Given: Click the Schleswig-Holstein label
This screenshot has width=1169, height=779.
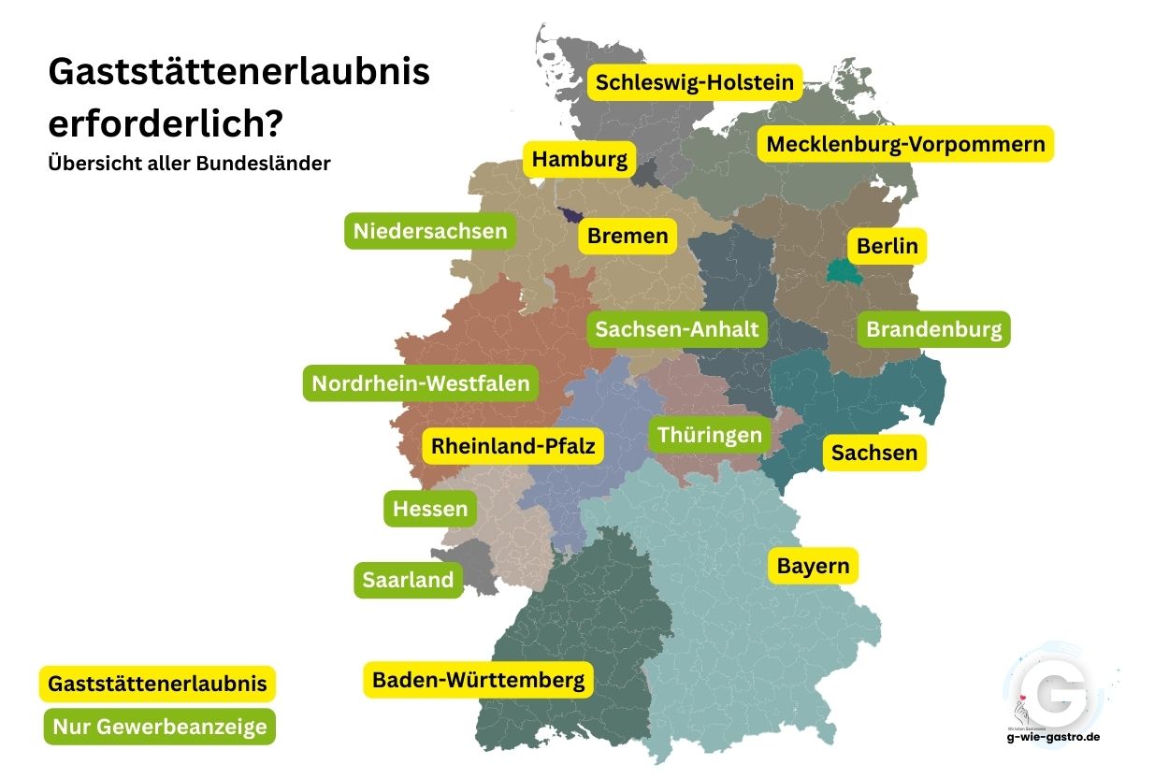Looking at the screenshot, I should pos(695,82).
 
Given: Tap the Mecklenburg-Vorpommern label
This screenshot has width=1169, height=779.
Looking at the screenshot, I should pos(904,145).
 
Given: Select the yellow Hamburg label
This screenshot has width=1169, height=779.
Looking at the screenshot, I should pos(579,160).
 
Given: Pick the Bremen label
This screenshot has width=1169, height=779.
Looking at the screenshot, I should pos(628,236).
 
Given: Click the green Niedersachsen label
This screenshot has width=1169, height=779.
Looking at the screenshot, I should pos(430,230).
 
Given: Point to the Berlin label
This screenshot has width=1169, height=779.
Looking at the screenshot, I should pos(888,247).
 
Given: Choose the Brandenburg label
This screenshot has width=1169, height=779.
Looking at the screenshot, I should pos(933,329).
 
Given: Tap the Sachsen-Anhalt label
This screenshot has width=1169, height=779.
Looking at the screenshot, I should pos(677,329).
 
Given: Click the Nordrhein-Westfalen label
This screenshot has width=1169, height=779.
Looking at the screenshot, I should pos(420,383).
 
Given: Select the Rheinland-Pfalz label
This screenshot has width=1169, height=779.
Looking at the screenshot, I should pos(512,446).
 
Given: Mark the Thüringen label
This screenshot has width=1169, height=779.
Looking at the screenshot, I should pos(710,435).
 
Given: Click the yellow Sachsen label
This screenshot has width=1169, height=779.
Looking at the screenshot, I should pos(874,453).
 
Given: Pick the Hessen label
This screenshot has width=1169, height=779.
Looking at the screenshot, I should pos(430,509).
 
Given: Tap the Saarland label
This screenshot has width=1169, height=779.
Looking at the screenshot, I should pos(408,580).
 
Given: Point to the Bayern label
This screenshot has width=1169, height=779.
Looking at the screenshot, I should pos(814,566).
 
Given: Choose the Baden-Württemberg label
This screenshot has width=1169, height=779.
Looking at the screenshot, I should pos(478,680).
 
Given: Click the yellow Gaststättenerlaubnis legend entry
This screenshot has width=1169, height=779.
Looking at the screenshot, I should pos(158,684).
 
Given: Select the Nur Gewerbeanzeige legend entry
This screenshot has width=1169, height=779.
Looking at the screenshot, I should pos(160,727).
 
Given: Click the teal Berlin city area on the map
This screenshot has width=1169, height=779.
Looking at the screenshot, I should pos(842,272).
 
